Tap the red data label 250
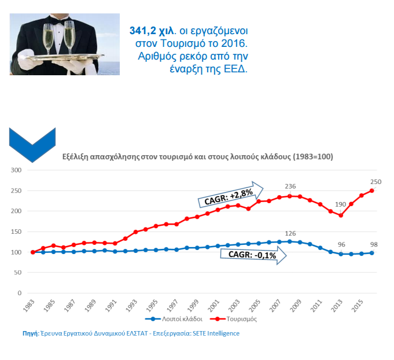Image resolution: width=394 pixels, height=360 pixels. point(375,181)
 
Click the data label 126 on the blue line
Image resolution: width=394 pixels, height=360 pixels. point(290,233)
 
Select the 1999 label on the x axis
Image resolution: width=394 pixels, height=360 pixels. point(197,305)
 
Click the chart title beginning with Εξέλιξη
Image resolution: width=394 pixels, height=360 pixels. point(197,157)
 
